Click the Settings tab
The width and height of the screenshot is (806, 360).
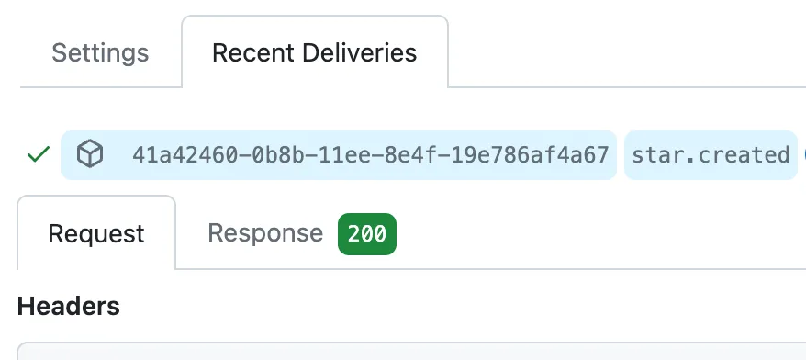coord(100,52)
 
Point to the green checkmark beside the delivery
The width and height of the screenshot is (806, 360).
coord(38,154)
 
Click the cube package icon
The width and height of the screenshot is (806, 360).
coord(89,154)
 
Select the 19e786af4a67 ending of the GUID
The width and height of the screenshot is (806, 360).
coord(513,154)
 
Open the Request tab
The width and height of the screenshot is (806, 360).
coord(96,233)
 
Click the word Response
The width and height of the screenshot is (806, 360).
coord(265,233)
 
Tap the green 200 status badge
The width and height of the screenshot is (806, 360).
coord(367,233)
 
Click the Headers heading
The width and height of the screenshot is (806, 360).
coord(69,306)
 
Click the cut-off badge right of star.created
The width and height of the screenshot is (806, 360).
coord(802,154)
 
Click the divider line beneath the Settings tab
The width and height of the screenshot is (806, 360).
coord(100,87)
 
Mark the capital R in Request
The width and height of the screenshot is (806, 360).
coord(55,233)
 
